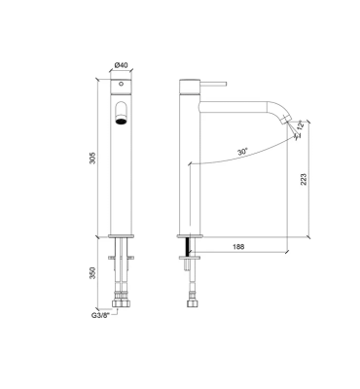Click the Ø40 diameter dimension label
122,65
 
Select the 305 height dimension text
93,158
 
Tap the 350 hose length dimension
93,273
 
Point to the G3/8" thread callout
101,315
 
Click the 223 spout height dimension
304,179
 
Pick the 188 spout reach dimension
238,247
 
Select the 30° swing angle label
242,152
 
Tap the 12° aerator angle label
301,125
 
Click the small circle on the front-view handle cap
121,84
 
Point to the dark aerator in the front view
121,122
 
